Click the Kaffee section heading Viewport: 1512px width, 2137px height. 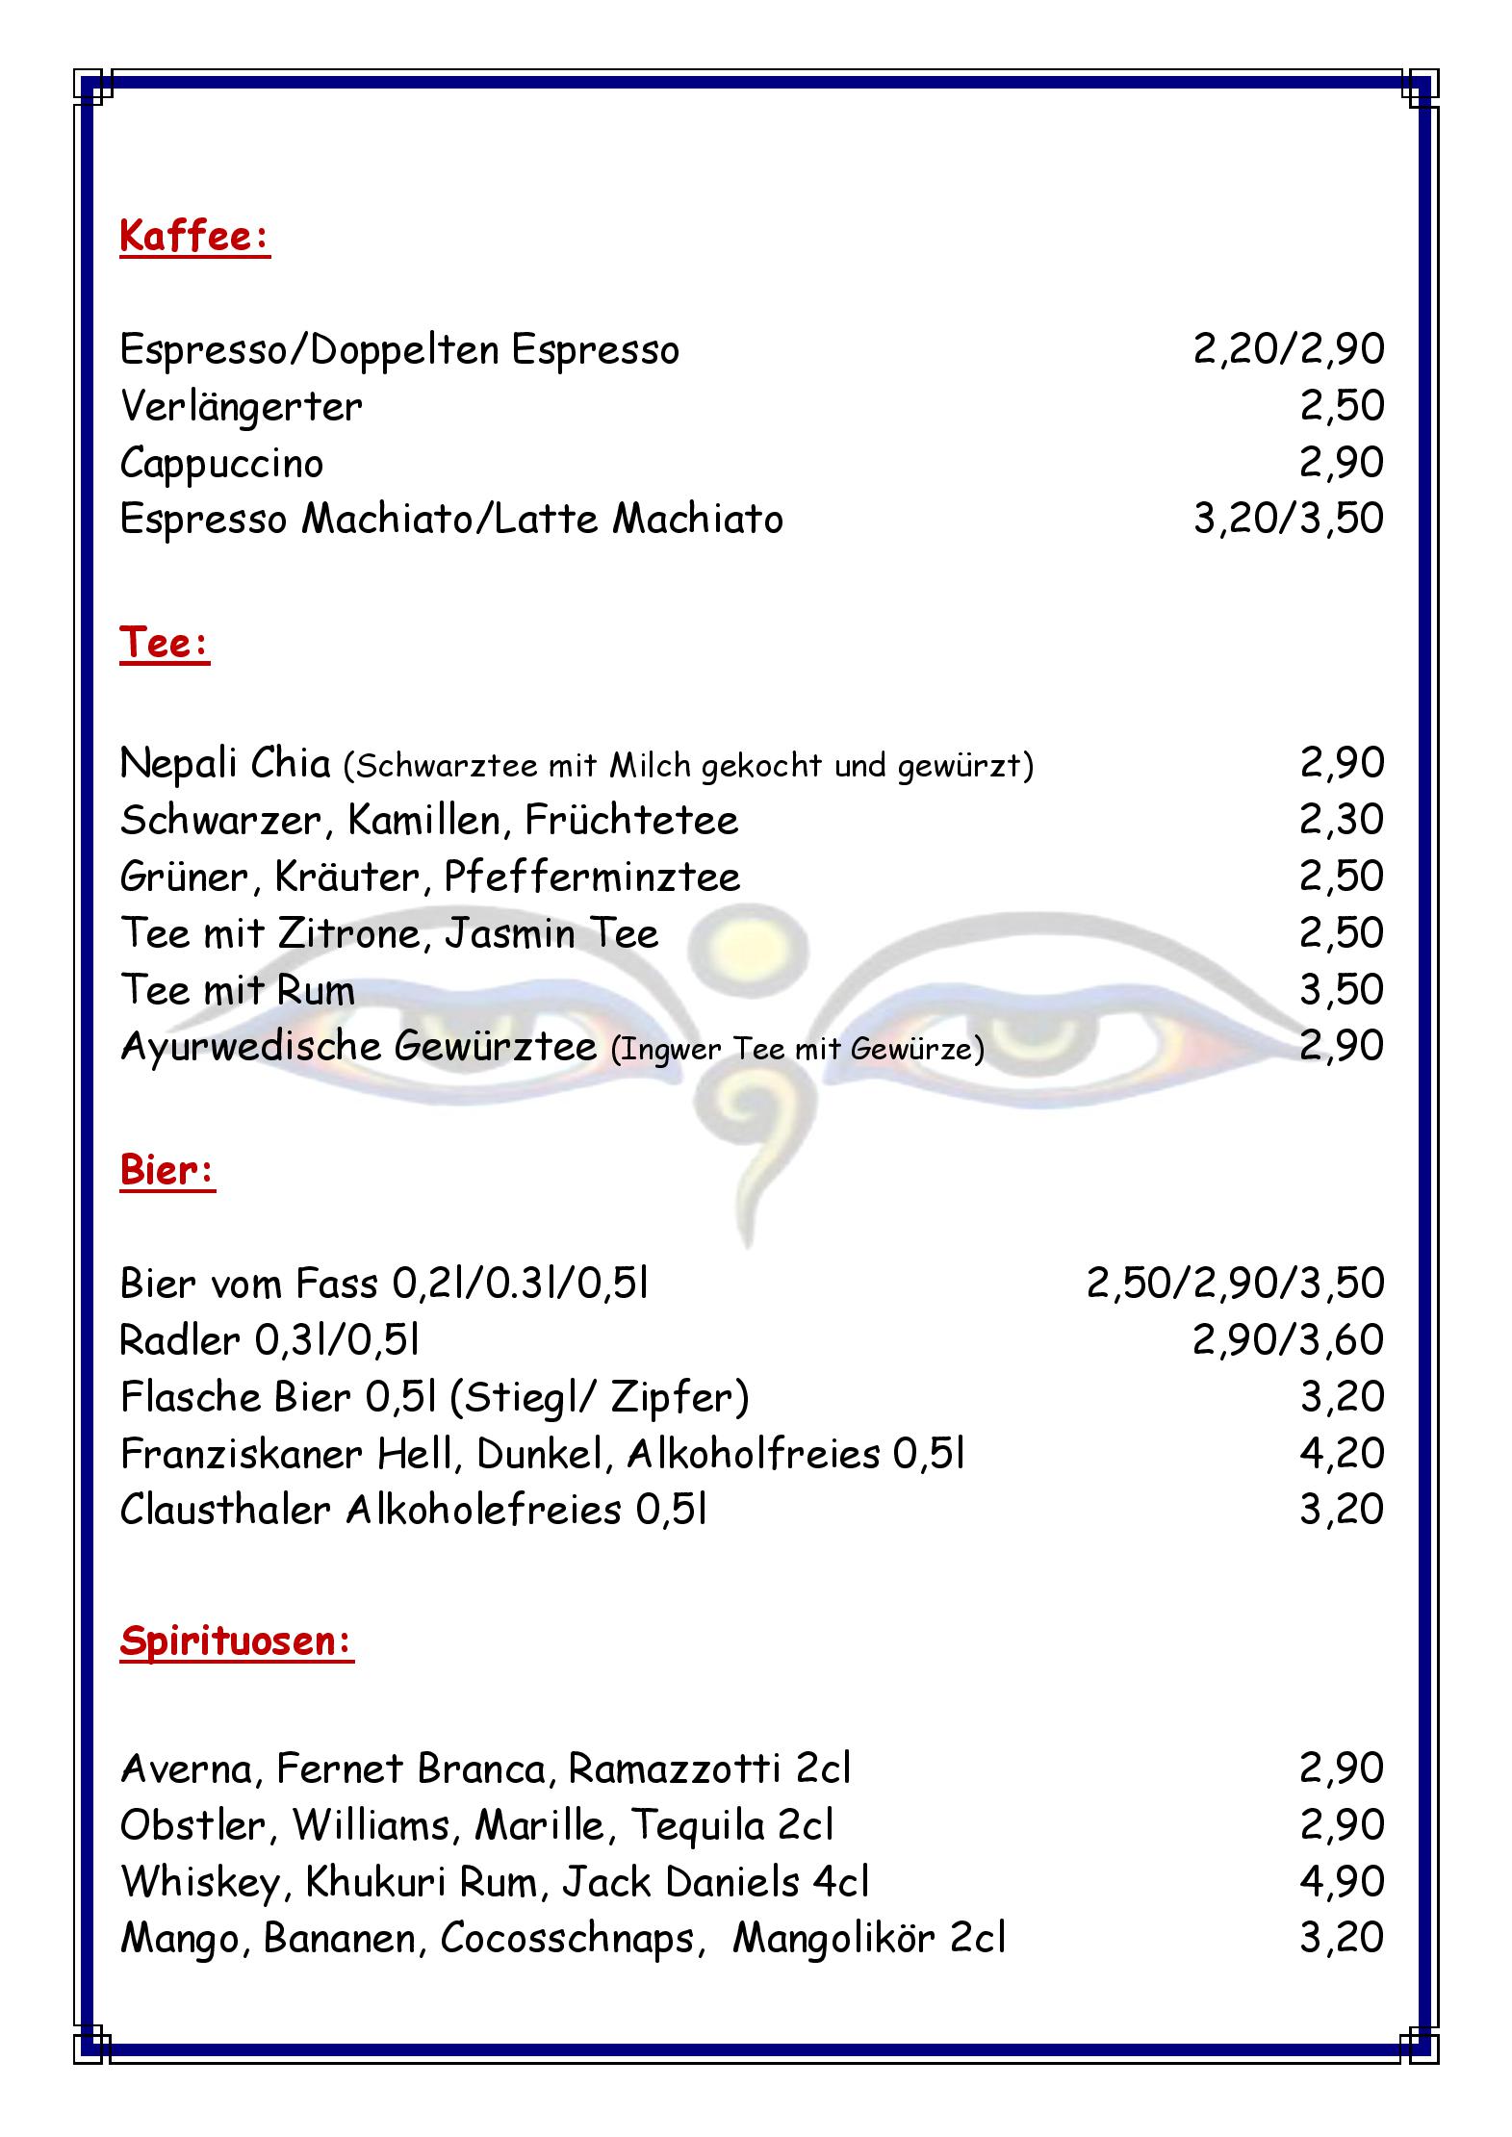click(x=194, y=236)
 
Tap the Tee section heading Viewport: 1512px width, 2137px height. click(x=165, y=643)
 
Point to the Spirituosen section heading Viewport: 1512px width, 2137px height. click(x=237, y=1641)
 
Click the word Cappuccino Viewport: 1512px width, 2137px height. click(x=221, y=464)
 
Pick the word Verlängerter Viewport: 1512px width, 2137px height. click(x=241, y=406)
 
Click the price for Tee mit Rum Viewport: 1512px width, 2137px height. click(x=1342, y=989)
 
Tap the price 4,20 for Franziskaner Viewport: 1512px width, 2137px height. click(x=1342, y=1453)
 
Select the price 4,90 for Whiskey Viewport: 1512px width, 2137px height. click(x=1342, y=1881)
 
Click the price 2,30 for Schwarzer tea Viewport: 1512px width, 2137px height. click(x=1342, y=820)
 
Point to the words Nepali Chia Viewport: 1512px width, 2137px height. click(x=225, y=764)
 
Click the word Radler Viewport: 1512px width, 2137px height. click(x=180, y=1339)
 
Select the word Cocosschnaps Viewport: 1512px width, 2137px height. click(x=567, y=1938)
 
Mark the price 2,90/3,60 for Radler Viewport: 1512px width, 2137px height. click(x=1288, y=1339)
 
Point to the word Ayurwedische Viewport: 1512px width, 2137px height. click(x=252, y=1048)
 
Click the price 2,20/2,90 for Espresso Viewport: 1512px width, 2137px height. click(x=1288, y=349)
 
